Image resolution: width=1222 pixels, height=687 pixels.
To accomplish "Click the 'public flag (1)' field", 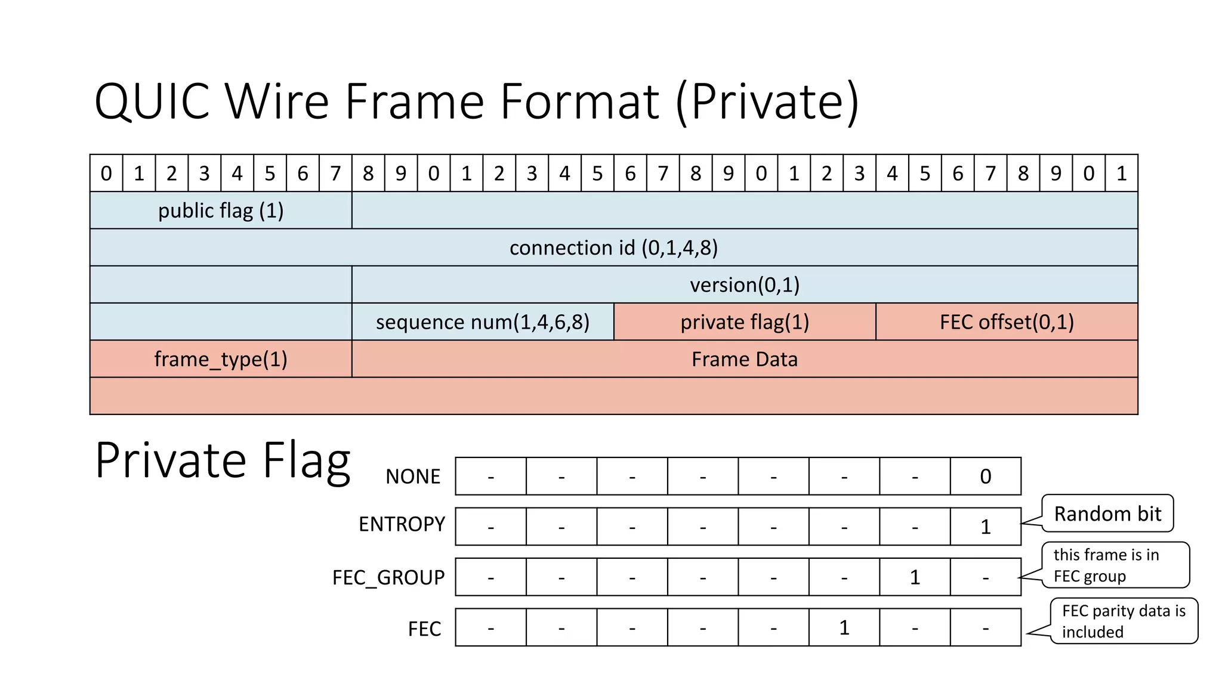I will point(221,211).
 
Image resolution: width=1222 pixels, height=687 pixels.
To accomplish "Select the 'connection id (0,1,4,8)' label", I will point(613,247).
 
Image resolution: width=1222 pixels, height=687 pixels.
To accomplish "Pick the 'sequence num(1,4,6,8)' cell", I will point(483,322).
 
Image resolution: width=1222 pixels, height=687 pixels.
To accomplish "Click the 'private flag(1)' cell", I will point(745,322).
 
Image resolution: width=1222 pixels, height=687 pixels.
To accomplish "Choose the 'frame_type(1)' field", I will point(221,359).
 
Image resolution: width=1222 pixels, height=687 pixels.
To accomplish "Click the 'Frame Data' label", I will point(745,359).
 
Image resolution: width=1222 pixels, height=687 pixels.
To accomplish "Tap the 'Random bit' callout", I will point(1107,513).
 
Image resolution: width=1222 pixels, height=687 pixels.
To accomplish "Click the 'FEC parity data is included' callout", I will point(1123,621).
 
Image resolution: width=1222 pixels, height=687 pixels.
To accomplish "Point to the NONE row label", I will point(413,476).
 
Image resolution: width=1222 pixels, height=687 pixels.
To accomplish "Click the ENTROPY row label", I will point(402,524).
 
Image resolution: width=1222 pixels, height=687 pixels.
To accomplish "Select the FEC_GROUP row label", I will point(388,577).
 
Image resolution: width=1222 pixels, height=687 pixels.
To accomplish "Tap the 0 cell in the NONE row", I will point(986,476).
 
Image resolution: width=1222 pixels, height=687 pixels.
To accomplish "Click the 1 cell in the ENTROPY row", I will point(986,527).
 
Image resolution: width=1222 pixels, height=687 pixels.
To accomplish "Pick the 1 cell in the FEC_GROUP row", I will point(915,577).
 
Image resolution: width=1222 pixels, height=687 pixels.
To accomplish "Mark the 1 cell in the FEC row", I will point(844,627).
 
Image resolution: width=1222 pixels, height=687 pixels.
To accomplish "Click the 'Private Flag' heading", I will point(223,460).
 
